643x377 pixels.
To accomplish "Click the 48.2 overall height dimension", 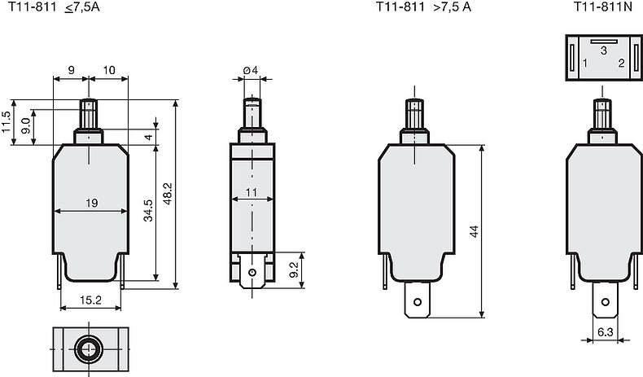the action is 168,194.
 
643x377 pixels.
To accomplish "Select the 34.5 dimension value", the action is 148,210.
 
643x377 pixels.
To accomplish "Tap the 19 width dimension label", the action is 92,203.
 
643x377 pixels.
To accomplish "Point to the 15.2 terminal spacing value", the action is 90,300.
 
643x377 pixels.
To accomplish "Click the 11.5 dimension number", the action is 6,122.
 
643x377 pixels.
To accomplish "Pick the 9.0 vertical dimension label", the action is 25,125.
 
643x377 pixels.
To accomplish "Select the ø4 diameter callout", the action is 251,70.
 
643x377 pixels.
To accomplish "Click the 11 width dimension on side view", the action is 252,192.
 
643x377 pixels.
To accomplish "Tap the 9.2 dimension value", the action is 295,270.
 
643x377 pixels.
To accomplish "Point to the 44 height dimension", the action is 474,231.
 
